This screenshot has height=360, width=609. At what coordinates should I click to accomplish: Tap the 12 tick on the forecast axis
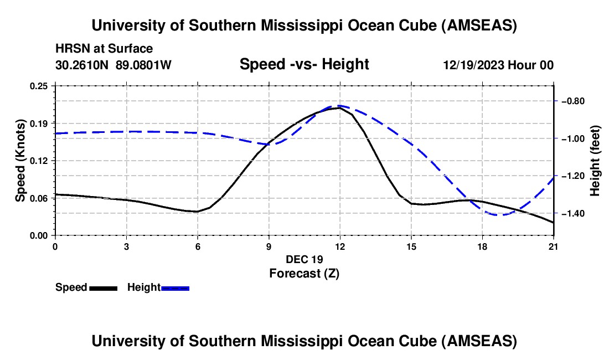[340, 246]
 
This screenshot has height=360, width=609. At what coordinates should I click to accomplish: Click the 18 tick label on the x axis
[483, 246]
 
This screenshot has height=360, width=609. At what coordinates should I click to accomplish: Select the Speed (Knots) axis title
[20, 160]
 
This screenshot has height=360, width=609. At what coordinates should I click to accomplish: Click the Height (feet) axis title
[595, 161]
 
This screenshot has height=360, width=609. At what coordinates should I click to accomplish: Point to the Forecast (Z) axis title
[304, 273]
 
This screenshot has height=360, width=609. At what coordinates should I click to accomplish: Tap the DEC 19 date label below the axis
[304, 259]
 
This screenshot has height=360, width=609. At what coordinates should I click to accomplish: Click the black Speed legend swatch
[103, 287]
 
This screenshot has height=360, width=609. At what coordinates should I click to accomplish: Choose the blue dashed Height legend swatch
[175, 287]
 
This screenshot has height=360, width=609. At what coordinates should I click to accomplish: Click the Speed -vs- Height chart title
[304, 64]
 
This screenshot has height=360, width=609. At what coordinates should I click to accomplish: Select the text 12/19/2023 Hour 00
[498, 65]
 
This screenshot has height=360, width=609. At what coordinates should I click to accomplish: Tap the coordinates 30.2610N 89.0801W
[113, 65]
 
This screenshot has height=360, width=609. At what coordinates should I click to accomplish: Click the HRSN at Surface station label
[104, 49]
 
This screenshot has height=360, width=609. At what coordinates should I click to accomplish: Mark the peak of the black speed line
[339, 107]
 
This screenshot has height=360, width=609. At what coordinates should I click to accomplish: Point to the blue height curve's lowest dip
[501, 214]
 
